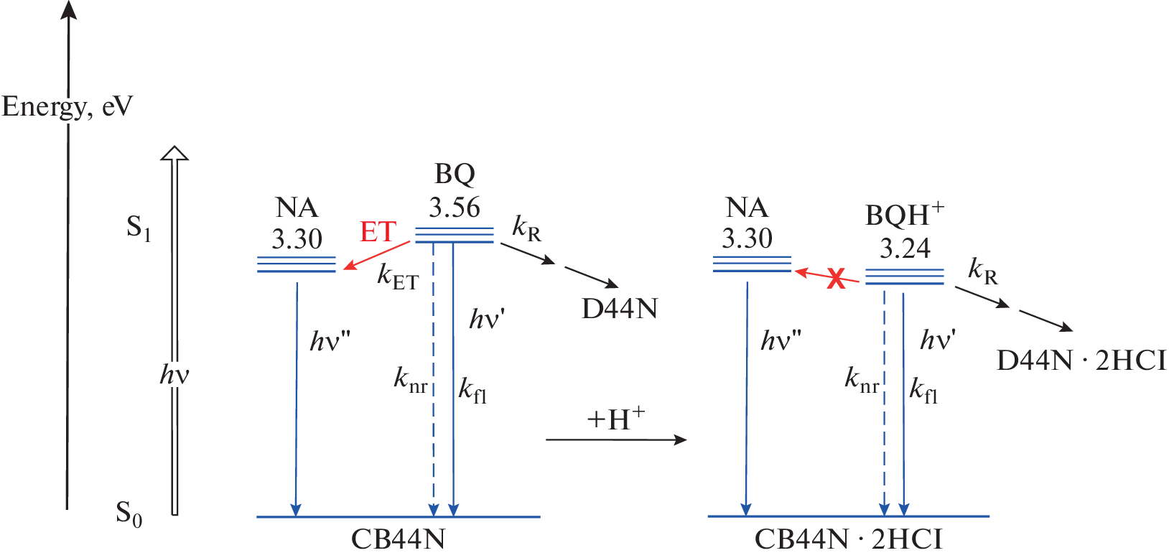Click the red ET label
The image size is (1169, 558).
[378, 232]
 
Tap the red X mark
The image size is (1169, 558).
[836, 278]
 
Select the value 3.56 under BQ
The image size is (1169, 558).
[455, 208]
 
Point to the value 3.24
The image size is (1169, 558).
[905, 248]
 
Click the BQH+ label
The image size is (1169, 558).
[904, 214]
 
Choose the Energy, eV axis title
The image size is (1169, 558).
[67, 106]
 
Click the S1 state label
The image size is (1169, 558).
[139, 228]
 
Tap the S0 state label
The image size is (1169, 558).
[129, 513]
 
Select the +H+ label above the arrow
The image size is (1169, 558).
[615, 419]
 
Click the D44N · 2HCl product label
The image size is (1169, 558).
[1081, 360]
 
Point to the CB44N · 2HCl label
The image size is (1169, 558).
[848, 539]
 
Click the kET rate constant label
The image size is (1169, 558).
[398, 276]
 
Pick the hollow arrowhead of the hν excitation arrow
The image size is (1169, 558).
[174, 153]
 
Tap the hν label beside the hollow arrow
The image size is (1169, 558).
[174, 374]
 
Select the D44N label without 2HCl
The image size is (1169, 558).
[620, 309]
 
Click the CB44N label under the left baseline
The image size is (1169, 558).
[398, 539]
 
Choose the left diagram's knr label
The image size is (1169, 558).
[410, 379]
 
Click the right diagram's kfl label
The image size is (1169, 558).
[923, 390]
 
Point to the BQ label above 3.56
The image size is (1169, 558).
[455, 174]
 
